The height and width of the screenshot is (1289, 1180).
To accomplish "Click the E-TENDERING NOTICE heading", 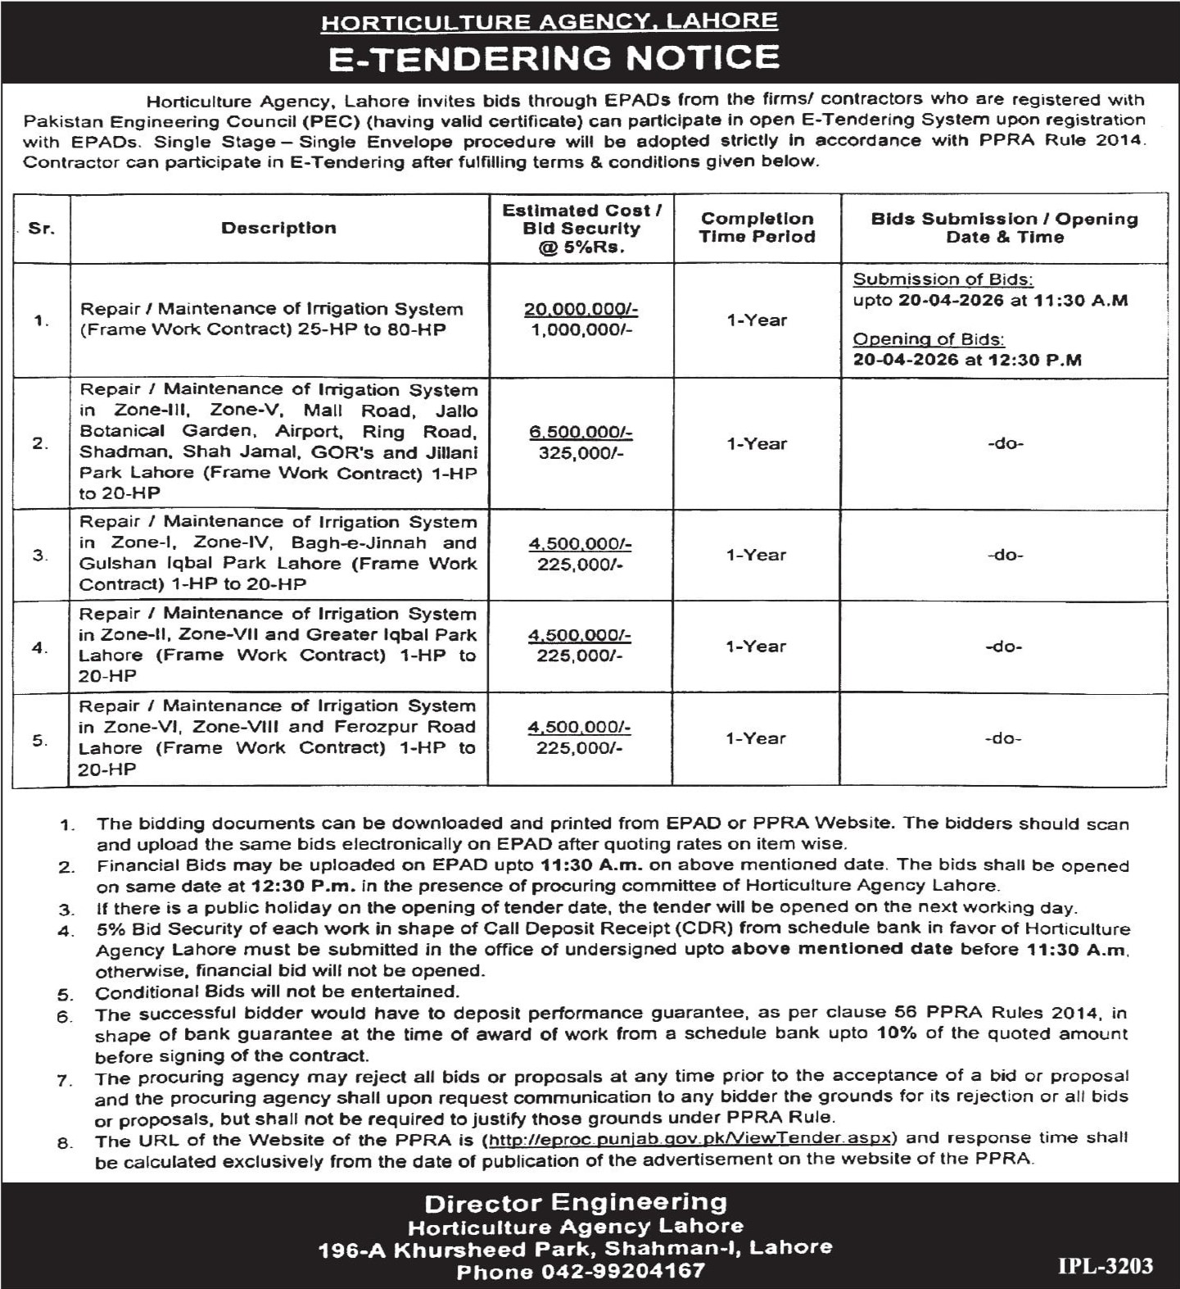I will click(x=553, y=58).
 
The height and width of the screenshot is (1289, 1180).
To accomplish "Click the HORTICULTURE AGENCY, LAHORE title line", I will click(x=549, y=21).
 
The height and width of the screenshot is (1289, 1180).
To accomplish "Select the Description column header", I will click(x=278, y=229).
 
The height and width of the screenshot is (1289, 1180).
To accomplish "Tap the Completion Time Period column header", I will click(x=757, y=228).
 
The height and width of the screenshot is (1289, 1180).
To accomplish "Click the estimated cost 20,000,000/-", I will click(x=581, y=310).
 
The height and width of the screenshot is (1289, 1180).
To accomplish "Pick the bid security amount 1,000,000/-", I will click(x=581, y=330).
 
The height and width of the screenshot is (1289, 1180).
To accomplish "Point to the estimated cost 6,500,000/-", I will click(x=581, y=433).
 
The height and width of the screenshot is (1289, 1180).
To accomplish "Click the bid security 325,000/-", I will click(x=581, y=453).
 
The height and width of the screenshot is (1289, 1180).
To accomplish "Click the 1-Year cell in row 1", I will click(x=757, y=320).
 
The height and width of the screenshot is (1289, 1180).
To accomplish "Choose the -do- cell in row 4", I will click(x=1004, y=647).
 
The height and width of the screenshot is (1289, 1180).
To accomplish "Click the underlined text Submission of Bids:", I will click(x=943, y=279).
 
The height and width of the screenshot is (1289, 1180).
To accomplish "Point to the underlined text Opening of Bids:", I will click(x=929, y=339).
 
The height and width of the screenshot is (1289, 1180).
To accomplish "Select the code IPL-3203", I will click(x=1105, y=1266).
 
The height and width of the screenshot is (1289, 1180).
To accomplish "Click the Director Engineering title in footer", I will click(x=576, y=1203).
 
